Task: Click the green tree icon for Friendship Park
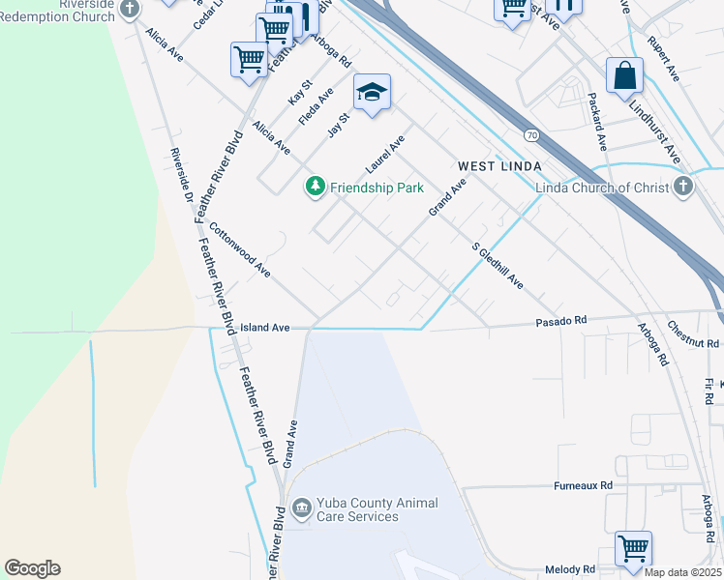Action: coord(315,187)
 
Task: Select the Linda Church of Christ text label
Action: coord(601,188)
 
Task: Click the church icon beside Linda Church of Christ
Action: coord(683,187)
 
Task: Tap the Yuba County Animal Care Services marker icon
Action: coord(301,508)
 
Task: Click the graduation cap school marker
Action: coord(372,93)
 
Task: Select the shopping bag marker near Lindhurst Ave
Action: coord(624,75)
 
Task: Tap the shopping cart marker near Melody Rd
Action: coord(633,548)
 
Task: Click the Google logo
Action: coord(32,568)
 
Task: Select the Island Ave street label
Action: coord(265,329)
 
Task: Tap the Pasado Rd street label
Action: coord(564,320)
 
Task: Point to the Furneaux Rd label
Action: coord(584,485)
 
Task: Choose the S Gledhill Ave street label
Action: coord(498,265)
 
